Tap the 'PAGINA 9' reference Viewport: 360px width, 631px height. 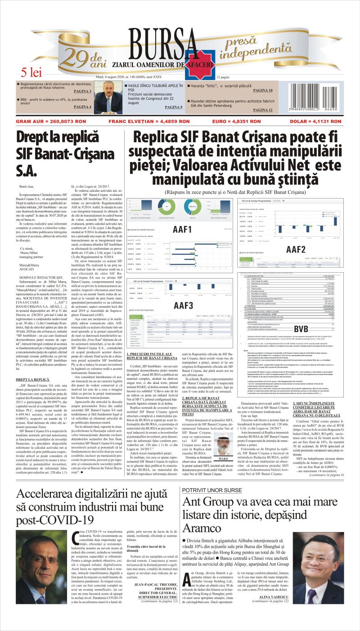point(174,107)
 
